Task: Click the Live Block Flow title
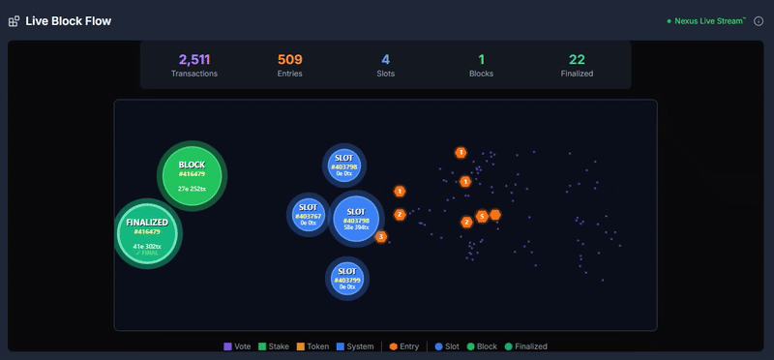[68, 20]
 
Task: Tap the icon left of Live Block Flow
[14, 21]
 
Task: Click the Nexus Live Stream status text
[709, 20]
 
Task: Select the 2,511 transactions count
[194, 59]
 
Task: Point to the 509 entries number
[290, 59]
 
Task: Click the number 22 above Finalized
[578, 59]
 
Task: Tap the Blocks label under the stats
[482, 74]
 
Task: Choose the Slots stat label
[386, 74]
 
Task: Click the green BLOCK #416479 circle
[192, 175]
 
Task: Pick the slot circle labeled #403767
[308, 214]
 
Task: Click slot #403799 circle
[345, 278]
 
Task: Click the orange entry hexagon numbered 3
[381, 236]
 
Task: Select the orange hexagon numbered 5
[482, 217]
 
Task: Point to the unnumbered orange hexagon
[495, 214]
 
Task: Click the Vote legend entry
[237, 346]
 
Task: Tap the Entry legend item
[403, 346]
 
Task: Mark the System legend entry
[353, 346]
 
